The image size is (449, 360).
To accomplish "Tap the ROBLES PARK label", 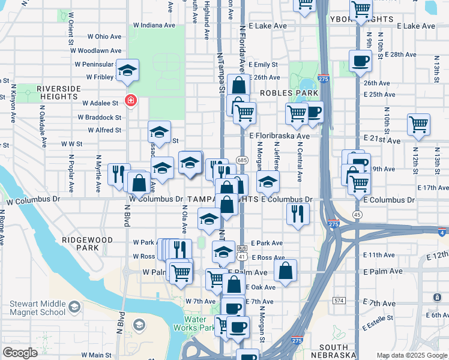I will (x=289, y=94).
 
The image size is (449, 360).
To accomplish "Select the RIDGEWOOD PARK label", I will (x=87, y=243).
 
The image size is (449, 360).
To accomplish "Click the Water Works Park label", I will (x=194, y=323).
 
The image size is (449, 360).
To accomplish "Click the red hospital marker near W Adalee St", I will (x=129, y=100).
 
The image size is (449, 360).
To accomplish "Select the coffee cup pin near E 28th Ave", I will (x=360, y=61).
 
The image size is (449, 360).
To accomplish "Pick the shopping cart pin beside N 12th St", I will (x=418, y=125).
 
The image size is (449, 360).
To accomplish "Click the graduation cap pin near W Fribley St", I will (x=128, y=71).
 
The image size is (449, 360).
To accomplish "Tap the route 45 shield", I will (x=357, y=215).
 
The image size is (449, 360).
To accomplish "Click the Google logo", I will (x=20, y=352).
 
